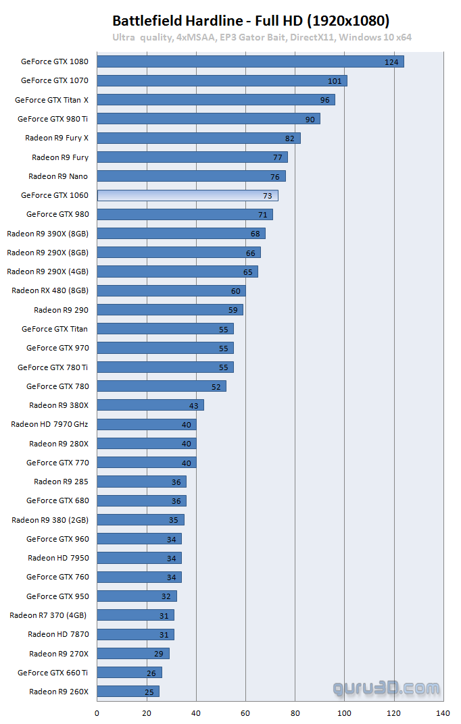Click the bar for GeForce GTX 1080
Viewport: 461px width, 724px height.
[250, 61]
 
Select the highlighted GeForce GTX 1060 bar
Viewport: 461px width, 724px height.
[187, 195]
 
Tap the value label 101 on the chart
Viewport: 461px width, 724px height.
[334, 81]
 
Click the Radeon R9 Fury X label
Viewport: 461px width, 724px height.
[57, 138]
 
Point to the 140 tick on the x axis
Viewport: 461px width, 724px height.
[443, 713]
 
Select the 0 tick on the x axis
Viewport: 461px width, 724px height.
[97, 713]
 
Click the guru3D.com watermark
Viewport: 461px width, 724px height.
[385, 688]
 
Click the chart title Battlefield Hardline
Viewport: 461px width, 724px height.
[251, 20]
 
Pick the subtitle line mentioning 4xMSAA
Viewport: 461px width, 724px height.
[262, 38]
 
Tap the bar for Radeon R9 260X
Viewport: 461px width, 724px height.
[128, 692]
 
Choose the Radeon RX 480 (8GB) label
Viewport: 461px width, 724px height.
[50, 290]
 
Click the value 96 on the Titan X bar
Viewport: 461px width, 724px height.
[324, 100]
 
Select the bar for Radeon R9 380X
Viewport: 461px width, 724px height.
[150, 405]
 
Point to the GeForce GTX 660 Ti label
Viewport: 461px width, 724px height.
[53, 673]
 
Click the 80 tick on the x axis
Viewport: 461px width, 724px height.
[295, 713]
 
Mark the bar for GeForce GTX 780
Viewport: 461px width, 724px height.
[162, 386]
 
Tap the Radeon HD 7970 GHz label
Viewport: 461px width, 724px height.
[49, 424]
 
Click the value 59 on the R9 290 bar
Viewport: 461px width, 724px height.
[233, 310]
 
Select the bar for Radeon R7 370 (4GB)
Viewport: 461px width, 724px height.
[135, 615]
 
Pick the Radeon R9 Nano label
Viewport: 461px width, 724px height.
[58, 176]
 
